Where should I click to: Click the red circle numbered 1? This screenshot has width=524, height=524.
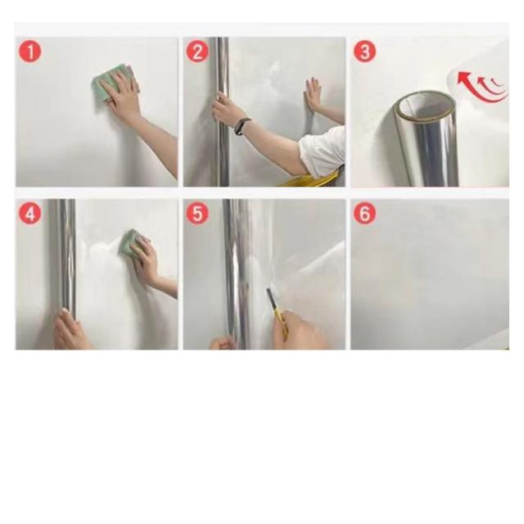[30, 52]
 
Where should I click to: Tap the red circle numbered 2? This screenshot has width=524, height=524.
[197, 52]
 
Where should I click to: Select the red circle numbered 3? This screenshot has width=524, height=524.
[364, 52]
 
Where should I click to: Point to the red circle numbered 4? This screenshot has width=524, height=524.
[30, 214]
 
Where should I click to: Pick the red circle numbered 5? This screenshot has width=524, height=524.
[197, 214]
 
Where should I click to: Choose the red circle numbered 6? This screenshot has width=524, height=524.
[364, 214]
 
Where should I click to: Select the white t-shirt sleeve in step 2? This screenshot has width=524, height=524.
[323, 152]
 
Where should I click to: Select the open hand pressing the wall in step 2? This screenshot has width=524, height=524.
[312, 95]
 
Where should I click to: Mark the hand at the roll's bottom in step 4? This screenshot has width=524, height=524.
[71, 329]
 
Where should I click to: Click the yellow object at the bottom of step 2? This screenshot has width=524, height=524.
[311, 180]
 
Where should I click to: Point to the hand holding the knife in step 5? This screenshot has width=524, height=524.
[298, 329]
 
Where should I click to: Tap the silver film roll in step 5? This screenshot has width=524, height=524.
[235, 274]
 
